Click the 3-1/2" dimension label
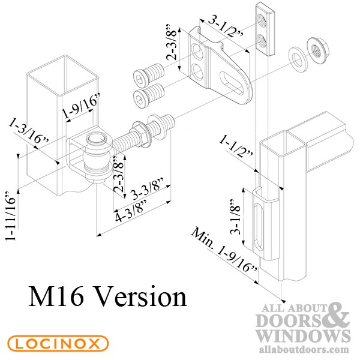[x=226, y=28]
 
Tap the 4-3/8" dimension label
[x=131, y=211]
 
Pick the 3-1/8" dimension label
[x=236, y=217]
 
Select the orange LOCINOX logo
[x=58, y=344]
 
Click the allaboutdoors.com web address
[x=304, y=350]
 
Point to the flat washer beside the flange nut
[x=298, y=59]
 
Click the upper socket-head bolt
[x=149, y=73]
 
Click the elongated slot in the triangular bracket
[x=232, y=83]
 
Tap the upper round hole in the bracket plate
[x=197, y=52]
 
